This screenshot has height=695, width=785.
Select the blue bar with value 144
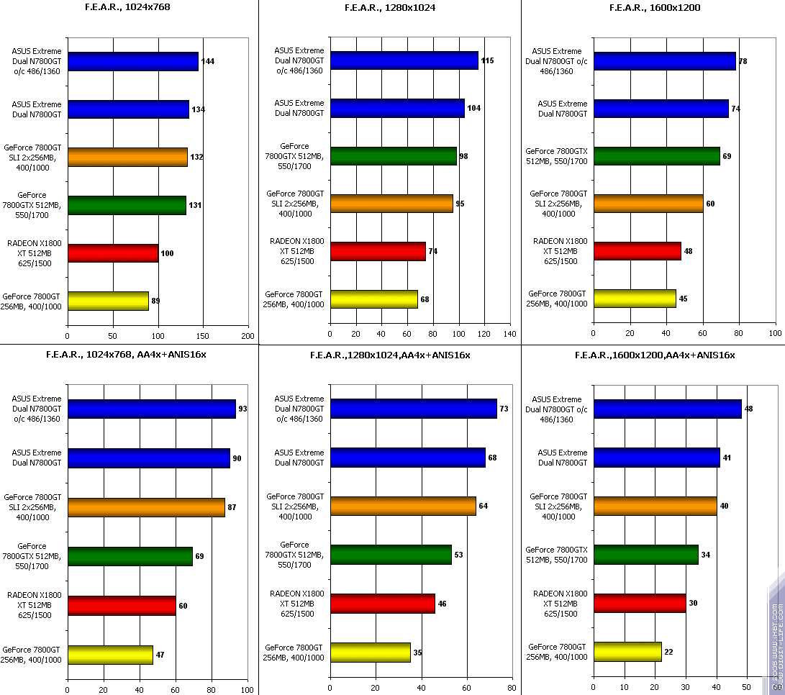[x=133, y=61]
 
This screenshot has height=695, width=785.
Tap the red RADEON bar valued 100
[x=113, y=253]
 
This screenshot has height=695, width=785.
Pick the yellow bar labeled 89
[x=108, y=301]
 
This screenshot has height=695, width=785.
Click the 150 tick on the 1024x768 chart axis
[x=203, y=336]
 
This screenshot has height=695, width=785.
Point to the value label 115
[x=487, y=60]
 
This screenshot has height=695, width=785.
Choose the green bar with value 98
[x=394, y=156]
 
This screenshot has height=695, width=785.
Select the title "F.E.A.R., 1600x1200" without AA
[x=655, y=8]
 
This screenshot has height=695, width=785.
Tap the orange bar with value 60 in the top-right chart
[x=648, y=204]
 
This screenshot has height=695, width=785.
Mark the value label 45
[x=684, y=299]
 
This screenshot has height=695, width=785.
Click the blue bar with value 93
[x=152, y=409]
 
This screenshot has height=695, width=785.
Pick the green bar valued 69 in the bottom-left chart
[x=130, y=556]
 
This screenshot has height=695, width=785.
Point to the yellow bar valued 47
[x=110, y=655]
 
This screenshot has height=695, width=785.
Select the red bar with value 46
[x=383, y=604]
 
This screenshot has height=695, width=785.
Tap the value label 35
[x=418, y=653]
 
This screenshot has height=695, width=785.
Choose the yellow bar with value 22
[x=627, y=652]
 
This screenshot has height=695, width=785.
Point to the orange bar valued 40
[x=655, y=506]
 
